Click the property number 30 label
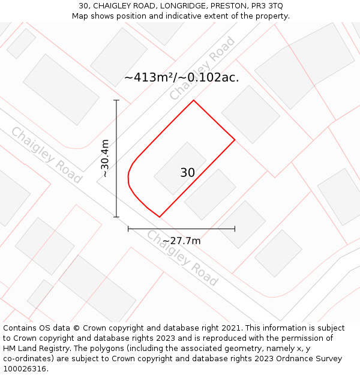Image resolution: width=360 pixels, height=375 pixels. [187, 173]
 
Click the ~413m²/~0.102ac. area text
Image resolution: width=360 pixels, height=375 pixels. [181, 77]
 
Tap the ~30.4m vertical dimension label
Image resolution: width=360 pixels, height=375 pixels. [105, 158]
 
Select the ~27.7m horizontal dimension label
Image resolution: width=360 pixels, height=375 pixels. [181, 241]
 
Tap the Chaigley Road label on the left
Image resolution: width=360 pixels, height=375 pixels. [46, 155]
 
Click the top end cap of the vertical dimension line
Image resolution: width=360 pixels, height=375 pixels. [116, 100]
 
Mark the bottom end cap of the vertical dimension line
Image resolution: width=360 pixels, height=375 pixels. [116, 217]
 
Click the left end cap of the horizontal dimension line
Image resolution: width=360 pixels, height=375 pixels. [128, 229]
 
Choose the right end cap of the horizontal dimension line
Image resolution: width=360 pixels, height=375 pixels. [235, 229]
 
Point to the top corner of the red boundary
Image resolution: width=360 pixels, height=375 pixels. [193, 100]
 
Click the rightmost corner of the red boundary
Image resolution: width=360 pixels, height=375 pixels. [235, 140]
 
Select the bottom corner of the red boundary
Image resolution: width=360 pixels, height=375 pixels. [159, 217]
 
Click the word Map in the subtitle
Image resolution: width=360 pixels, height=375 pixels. [80, 16]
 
